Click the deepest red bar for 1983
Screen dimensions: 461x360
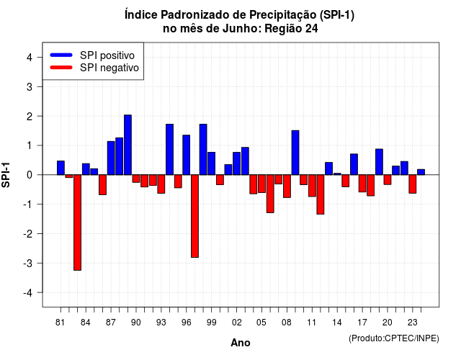77,222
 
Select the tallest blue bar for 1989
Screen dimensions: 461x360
127,145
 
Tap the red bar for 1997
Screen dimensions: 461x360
194,216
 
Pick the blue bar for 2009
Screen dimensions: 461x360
295,153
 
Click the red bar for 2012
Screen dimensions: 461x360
321,194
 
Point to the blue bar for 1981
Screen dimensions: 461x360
61,168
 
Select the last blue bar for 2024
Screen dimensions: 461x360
421,172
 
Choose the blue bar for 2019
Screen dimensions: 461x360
380,162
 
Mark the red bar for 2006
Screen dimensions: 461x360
270,194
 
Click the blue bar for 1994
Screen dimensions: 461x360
170,150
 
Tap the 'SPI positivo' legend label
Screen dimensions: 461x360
107,55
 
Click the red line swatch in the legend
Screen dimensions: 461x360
61,68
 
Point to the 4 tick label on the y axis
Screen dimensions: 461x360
30,58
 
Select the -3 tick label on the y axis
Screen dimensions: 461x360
28,263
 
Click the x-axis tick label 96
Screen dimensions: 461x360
187,323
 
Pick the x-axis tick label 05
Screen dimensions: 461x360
261,323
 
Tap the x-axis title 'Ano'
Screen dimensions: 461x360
241,343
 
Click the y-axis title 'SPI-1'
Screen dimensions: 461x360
6,175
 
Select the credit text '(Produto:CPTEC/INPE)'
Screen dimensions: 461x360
394,338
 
